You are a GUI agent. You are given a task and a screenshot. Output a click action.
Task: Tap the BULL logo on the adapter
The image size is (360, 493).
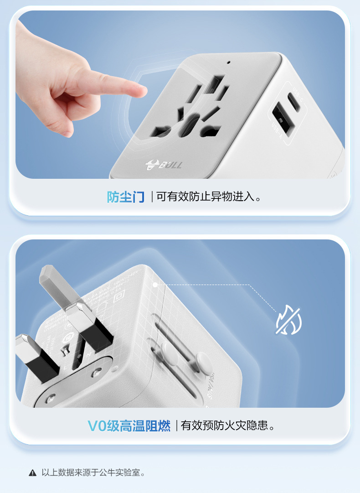click(164, 165)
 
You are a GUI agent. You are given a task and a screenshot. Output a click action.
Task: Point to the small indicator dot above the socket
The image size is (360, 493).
click(228, 63)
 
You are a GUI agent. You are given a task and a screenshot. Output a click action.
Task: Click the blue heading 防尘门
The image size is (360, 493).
click(126, 197)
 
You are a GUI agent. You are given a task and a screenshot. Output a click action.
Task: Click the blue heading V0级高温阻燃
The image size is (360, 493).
click(129, 426)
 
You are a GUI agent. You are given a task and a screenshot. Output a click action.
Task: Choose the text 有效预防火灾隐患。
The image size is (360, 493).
click(228, 426)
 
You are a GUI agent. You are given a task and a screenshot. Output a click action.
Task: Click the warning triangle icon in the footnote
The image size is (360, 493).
click(32, 472)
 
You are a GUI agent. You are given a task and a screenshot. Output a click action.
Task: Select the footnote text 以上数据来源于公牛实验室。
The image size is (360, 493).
click(93, 472)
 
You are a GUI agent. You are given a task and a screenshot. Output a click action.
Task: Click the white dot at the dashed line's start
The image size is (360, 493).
click(155, 285)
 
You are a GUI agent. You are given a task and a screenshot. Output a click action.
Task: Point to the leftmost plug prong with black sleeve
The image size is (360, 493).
click(34, 356)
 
